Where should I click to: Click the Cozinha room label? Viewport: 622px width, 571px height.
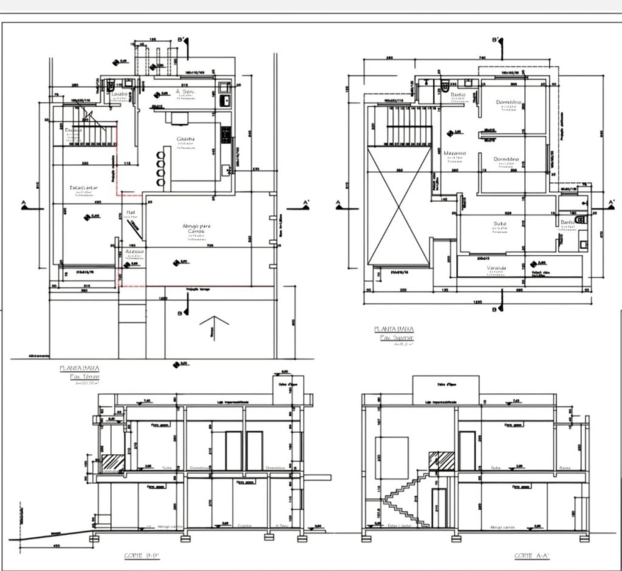[186, 139]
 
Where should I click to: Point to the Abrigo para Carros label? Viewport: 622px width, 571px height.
[196, 229]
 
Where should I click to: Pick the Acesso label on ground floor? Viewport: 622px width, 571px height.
[134, 251]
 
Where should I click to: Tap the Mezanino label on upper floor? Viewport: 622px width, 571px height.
[454, 153]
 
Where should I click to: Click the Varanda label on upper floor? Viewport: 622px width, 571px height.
[496, 268]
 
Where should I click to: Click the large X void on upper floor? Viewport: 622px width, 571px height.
[398, 207]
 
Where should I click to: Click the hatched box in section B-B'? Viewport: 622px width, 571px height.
[112, 462]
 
